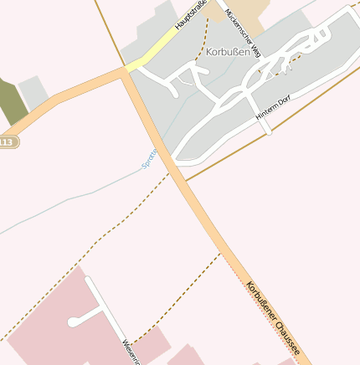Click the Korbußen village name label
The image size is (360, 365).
(227, 50)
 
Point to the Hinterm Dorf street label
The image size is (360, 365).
(273, 111)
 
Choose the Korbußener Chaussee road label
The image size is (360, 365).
(272, 316)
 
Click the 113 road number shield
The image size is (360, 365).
(7, 142)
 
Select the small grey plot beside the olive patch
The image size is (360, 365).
(33, 92)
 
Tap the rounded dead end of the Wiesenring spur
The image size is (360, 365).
(75, 321)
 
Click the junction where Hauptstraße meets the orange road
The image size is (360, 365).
(126, 69)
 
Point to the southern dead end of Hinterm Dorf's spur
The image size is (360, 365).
(268, 131)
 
